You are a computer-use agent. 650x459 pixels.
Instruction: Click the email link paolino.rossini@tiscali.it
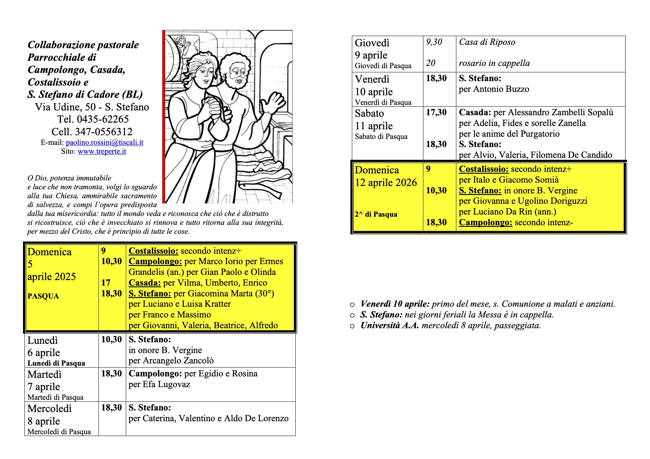click(x=105, y=143)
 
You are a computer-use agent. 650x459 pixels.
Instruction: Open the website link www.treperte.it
click(x=102, y=152)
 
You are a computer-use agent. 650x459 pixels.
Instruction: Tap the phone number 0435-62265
click(x=103, y=119)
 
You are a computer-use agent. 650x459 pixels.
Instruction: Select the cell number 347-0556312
click(x=104, y=132)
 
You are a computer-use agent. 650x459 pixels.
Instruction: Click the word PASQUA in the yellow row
click(x=43, y=296)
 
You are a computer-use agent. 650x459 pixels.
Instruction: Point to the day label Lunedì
click(x=43, y=340)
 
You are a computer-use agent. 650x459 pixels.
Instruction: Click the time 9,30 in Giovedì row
click(x=434, y=42)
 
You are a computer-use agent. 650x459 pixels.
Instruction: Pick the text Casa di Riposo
click(x=487, y=42)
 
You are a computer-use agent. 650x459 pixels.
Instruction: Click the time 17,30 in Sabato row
click(x=436, y=112)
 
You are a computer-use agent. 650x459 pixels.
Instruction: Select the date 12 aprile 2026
click(x=386, y=183)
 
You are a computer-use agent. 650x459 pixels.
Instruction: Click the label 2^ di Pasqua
click(x=376, y=214)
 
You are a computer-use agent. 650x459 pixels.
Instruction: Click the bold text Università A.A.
click(x=389, y=326)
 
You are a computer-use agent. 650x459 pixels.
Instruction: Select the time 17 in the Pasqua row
click(x=106, y=283)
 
